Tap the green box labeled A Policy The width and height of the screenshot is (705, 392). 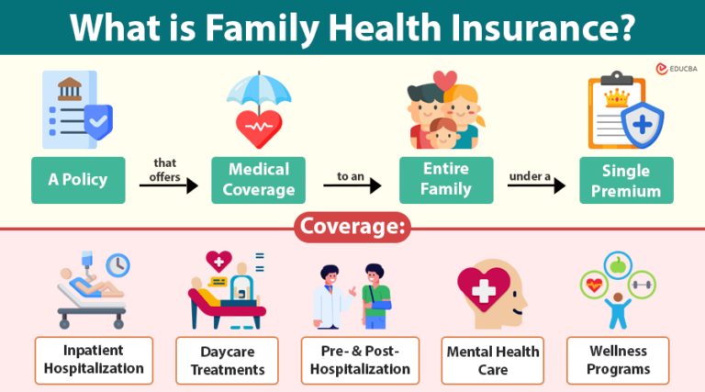(78, 180)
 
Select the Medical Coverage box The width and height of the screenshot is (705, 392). (258, 180)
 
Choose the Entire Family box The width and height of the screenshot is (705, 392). (446, 180)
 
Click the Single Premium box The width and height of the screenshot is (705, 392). (625, 180)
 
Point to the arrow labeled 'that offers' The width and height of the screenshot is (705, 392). (169, 185)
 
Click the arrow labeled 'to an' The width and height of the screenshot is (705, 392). (352, 185)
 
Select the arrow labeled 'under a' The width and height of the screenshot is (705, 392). (535, 185)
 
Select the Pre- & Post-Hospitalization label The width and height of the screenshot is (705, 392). (360, 360)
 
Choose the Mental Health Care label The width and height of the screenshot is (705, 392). (493, 360)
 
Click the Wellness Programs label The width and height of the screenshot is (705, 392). (619, 360)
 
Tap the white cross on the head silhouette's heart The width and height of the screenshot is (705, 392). (483, 289)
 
